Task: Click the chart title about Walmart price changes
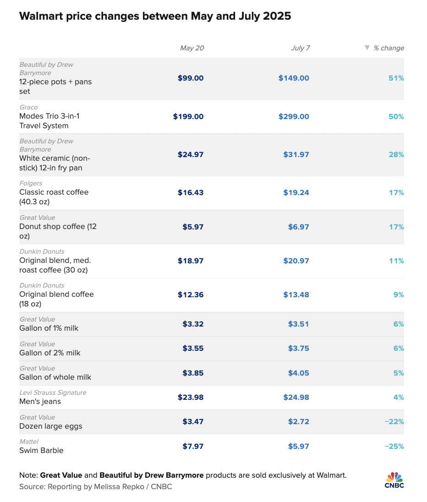tap(155, 16)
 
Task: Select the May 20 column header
tap(192, 48)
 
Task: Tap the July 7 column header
tap(301, 48)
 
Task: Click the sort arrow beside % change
tap(367, 48)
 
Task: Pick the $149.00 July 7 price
tap(294, 78)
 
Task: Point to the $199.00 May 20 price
tap(188, 117)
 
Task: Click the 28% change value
tap(396, 155)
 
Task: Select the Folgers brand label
tap(31, 184)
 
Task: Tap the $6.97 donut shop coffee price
tap(298, 227)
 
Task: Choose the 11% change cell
tap(397, 261)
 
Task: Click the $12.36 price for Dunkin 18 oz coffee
tap(191, 295)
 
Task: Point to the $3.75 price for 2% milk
tap(298, 349)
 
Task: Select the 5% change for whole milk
tap(399, 373)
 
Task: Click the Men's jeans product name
tap(40, 402)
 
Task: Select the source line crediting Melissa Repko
tap(96, 487)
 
